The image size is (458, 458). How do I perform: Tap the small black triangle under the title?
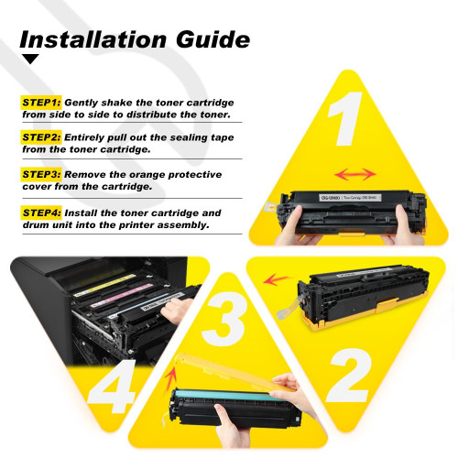click(31, 60)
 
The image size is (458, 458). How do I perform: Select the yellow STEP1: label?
click(41, 104)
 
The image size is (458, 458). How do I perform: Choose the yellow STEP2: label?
click(41, 136)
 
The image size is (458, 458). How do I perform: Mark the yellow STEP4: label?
click(41, 212)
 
